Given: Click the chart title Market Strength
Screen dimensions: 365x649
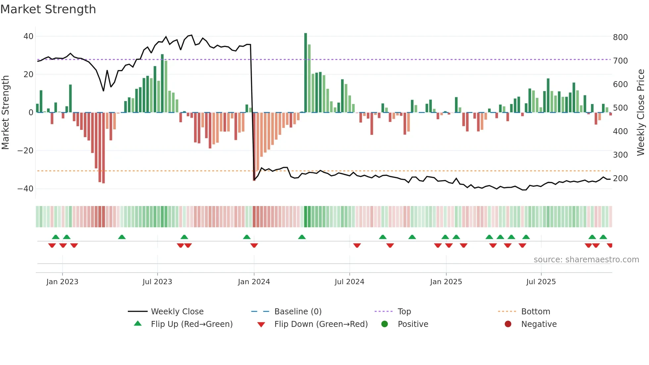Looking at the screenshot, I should point(48,9).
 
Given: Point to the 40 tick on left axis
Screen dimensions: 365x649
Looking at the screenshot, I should point(28,36).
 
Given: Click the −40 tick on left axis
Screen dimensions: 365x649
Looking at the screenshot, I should point(25,189).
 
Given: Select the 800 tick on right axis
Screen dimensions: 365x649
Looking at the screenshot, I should point(620,37).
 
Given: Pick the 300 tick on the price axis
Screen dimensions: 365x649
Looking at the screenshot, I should point(620,155).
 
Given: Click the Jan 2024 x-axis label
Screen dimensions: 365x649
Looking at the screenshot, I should point(254,282).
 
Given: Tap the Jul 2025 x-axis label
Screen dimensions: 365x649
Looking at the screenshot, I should point(541,282).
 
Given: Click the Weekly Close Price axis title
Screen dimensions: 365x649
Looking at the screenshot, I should point(641,113).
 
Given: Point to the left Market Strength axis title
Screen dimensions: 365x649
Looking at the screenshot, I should point(6,113).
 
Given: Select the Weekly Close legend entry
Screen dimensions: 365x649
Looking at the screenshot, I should point(177,312).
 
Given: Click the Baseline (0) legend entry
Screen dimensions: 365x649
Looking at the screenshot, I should point(298,312).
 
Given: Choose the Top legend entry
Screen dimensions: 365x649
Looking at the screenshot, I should point(404,312).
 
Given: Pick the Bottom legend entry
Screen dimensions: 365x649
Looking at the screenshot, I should point(535,312).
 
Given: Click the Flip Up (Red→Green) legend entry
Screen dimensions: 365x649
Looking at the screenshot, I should point(191,324).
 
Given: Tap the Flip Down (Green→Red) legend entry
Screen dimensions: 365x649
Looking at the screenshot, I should point(321,324).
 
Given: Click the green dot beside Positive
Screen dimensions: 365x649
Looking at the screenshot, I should point(384,324).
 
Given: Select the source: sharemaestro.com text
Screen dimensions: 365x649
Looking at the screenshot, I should point(586,260).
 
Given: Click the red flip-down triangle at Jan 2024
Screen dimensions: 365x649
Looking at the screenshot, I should point(254,245).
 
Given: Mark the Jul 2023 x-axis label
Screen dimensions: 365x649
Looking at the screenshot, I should point(157,282).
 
